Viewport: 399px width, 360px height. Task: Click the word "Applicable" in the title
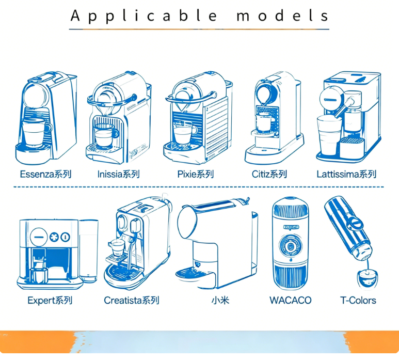[x=143, y=16]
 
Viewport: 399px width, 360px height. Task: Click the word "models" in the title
[x=283, y=15]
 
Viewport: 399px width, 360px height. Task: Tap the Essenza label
[x=45, y=175]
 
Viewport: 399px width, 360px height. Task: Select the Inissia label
[x=119, y=175]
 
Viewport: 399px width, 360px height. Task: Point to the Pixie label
[x=196, y=175]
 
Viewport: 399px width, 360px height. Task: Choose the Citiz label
[x=269, y=175]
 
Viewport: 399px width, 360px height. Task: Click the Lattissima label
[x=346, y=175]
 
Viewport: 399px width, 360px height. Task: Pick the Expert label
[x=50, y=301]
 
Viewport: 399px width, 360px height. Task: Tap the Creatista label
[x=132, y=301]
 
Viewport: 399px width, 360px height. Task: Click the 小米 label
[x=220, y=301]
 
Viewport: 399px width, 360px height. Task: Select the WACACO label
[x=290, y=301]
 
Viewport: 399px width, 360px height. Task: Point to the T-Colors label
[x=358, y=301]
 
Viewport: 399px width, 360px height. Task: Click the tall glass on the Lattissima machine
[x=329, y=135]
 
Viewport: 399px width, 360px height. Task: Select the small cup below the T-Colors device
[x=367, y=279]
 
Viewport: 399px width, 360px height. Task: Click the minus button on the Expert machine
[x=39, y=237]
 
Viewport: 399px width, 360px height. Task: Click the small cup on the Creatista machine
[x=117, y=247]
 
